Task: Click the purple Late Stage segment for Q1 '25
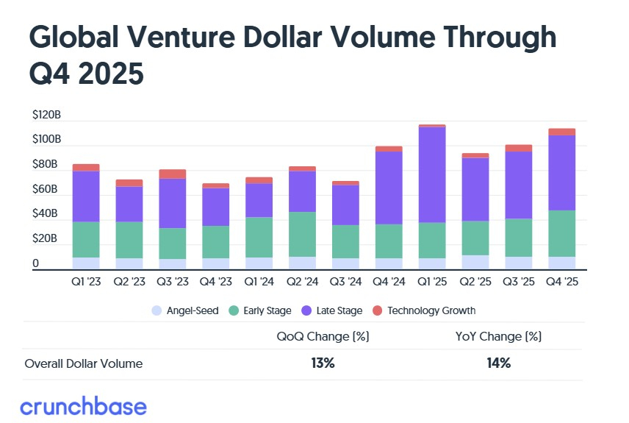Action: pos(432,175)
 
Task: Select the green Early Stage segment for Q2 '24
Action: pos(302,234)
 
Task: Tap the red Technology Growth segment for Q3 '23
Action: pos(172,174)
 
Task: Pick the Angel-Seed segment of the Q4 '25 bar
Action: pos(561,263)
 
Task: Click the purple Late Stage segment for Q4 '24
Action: pos(389,188)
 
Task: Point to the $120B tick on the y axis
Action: pos(46,115)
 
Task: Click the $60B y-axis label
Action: pos(46,189)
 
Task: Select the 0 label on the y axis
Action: pos(35,263)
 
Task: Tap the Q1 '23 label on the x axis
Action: pos(86,282)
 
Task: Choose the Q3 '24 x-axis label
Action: pos(345,282)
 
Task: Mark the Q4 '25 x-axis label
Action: pos(561,282)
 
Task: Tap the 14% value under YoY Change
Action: pos(499,363)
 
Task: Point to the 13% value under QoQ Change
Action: pos(322,363)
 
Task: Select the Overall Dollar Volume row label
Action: pos(84,363)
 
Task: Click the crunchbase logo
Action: pos(83,406)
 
